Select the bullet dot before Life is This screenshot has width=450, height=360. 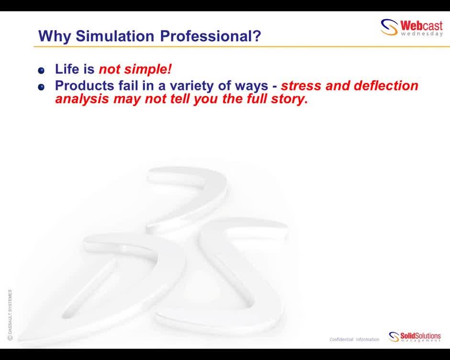[41, 70]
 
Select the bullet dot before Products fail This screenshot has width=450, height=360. [41, 87]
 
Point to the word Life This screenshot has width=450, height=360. [67, 69]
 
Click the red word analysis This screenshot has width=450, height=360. [82, 100]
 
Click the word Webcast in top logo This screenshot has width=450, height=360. [421, 25]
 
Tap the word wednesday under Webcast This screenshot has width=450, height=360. [422, 34]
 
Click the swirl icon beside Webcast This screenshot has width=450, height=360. [389, 28]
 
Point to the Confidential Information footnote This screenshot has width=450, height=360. [354, 339]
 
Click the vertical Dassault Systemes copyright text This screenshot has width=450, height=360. [10, 315]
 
